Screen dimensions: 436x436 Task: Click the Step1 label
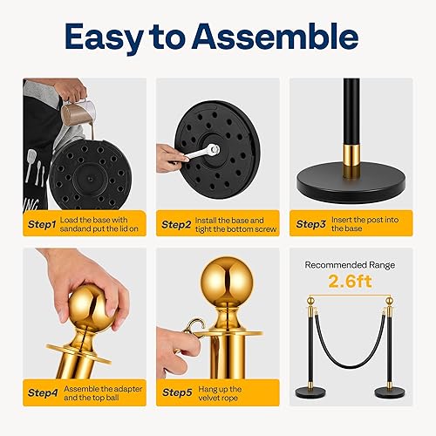(42, 224)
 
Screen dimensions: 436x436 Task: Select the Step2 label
(181, 224)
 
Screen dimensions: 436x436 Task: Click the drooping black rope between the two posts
(350, 359)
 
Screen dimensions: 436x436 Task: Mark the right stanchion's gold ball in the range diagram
(391, 302)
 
